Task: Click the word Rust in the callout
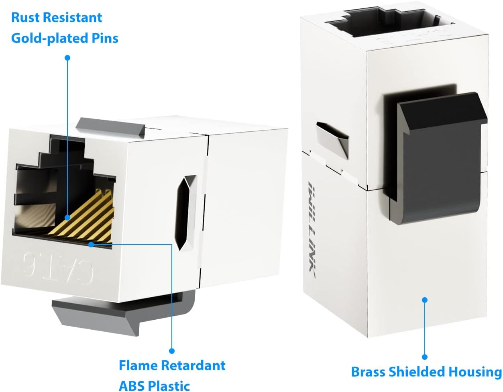(25, 18)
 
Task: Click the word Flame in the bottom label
(138, 365)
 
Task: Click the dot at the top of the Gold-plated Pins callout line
(67, 58)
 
